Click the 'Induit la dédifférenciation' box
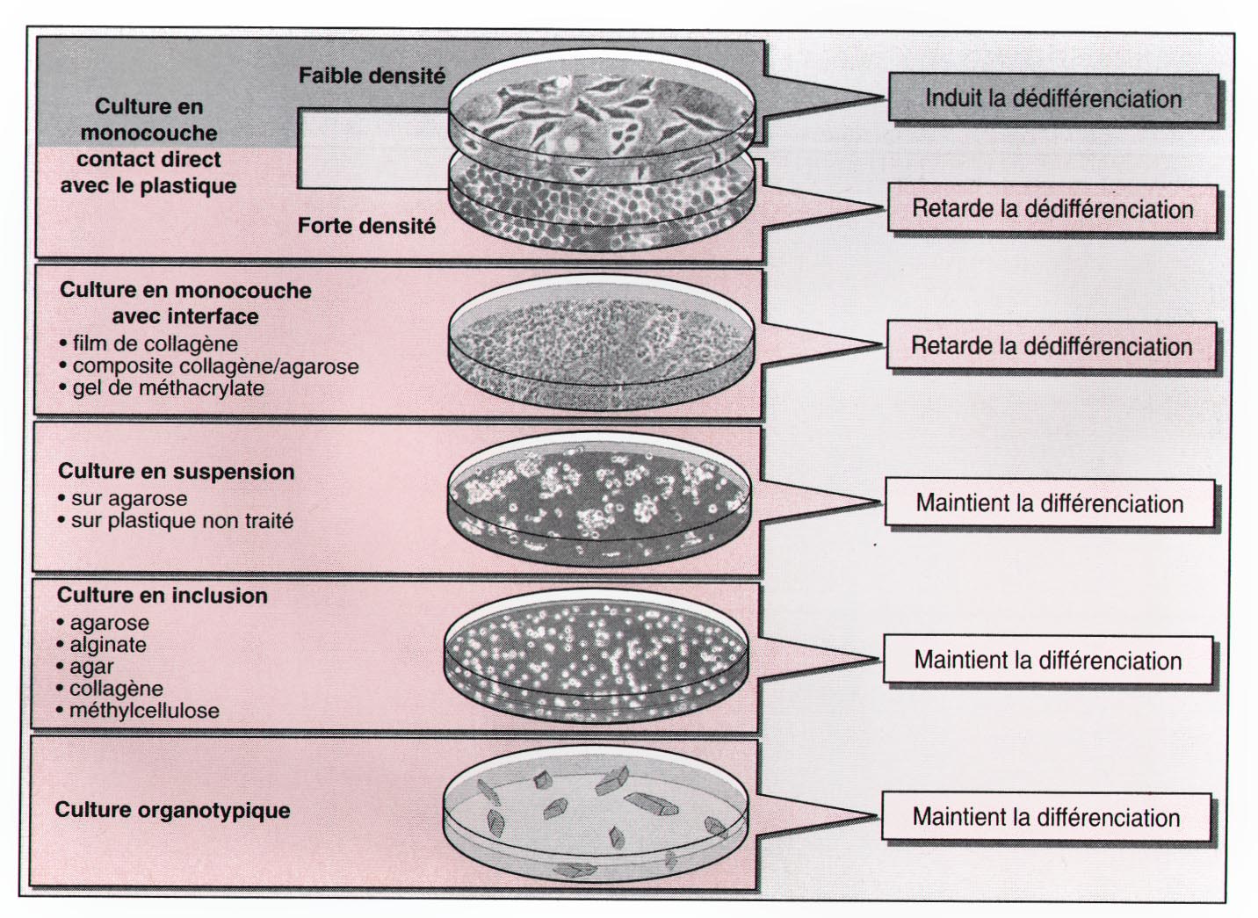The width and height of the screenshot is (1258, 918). [x=1052, y=98]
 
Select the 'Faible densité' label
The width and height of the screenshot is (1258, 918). [x=372, y=76]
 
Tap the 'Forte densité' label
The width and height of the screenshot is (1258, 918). [x=366, y=227]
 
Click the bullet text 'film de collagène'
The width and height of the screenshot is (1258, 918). [x=155, y=343]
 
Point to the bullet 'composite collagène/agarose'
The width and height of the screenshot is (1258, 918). [x=215, y=366]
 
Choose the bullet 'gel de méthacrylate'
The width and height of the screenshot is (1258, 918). [x=168, y=388]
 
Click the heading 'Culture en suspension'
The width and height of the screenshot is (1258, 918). [x=176, y=472]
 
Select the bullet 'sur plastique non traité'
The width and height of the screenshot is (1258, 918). [x=182, y=521]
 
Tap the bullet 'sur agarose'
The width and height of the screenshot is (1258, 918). [x=129, y=499]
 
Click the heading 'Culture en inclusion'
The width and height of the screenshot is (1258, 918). [x=162, y=596]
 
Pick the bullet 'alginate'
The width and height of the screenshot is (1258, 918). [x=108, y=645]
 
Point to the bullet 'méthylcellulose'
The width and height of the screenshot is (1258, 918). [x=144, y=711]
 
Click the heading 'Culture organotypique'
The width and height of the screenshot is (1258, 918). [x=172, y=810]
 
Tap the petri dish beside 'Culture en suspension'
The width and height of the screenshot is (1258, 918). [x=601, y=499]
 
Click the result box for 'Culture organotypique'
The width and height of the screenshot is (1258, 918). [x=1045, y=818]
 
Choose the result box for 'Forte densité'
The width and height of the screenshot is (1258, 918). [x=1052, y=209]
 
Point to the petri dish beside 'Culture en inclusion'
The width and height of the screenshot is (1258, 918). [x=597, y=655]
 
